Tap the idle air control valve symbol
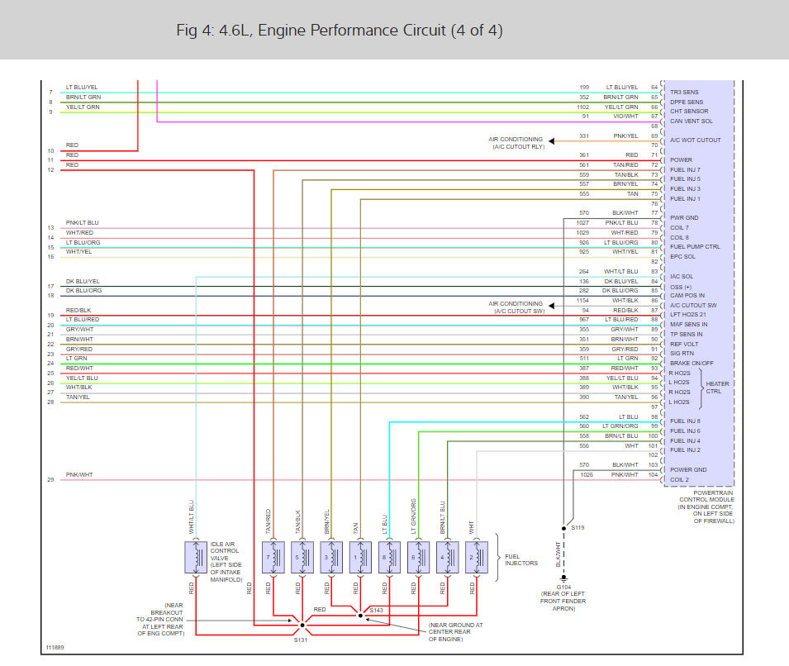[196, 557]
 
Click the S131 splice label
[301, 640]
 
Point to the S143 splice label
[376, 610]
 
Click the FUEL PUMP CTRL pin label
[695, 246]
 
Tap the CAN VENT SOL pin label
[691, 121]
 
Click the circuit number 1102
[583, 107]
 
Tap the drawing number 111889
[56, 649]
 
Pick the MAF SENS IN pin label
[688, 325]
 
